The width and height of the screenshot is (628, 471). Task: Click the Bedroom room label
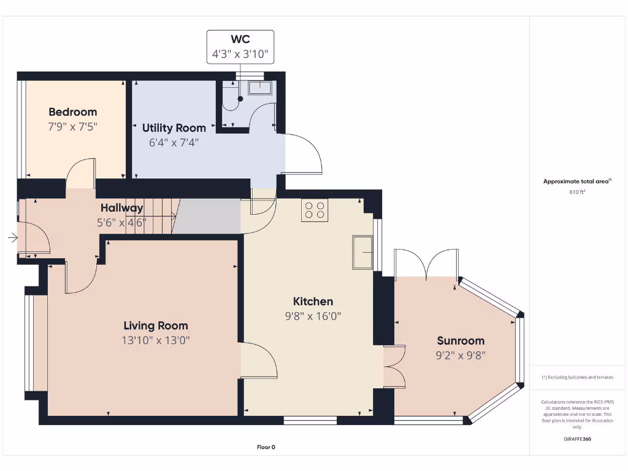click(72, 112)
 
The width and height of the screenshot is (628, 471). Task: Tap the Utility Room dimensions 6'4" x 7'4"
click(174, 142)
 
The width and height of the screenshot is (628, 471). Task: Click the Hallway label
click(121, 208)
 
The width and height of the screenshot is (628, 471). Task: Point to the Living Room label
click(155, 326)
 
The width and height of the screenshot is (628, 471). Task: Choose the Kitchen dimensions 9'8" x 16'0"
click(313, 316)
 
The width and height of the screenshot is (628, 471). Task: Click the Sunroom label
click(461, 340)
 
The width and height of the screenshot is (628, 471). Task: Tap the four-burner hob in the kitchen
click(315, 210)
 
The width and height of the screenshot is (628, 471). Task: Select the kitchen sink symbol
click(362, 251)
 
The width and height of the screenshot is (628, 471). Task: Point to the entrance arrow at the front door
click(12, 238)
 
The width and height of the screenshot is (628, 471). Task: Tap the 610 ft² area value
click(577, 192)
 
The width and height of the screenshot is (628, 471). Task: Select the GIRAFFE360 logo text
click(577, 439)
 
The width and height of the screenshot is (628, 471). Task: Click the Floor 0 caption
click(266, 447)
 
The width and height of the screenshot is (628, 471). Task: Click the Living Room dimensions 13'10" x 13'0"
click(155, 341)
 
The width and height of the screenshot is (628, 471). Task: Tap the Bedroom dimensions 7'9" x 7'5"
click(72, 126)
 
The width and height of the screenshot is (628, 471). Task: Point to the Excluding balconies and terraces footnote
click(577, 377)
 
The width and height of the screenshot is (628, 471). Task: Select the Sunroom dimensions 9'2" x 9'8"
click(461, 355)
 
